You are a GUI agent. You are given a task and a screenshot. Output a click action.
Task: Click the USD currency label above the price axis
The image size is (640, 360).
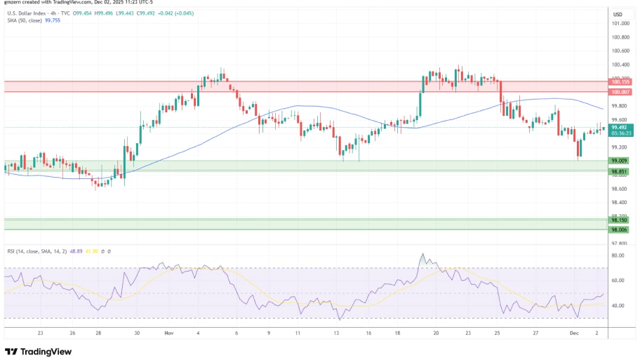point(618,14)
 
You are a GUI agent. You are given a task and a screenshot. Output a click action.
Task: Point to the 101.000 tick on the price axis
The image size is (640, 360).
point(620,23)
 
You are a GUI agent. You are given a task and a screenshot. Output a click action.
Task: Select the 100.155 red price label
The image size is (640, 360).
point(620,82)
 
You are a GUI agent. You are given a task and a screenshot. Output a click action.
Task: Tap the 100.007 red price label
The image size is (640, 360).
point(620,92)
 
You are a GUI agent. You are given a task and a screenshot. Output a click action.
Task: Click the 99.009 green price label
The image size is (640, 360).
point(620,161)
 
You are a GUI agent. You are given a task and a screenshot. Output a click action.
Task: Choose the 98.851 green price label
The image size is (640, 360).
point(620,171)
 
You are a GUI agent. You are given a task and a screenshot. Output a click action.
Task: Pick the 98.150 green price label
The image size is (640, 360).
point(620,220)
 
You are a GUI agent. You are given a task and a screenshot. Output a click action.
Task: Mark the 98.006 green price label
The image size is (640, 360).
point(620,229)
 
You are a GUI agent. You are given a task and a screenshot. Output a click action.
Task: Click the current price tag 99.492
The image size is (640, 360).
point(620,127)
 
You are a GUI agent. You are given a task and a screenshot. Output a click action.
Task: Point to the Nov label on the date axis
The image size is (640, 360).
point(168,333)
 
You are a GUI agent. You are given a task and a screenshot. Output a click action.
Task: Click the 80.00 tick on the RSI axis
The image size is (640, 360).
point(618,255)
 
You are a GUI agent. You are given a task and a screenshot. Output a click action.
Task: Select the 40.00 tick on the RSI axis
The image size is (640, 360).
point(618,306)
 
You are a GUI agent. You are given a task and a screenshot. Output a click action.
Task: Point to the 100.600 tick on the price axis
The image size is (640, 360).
point(620,51)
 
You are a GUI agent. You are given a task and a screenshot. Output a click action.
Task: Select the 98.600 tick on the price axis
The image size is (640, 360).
point(620,189)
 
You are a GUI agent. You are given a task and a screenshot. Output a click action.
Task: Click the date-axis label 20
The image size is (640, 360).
point(436,333)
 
